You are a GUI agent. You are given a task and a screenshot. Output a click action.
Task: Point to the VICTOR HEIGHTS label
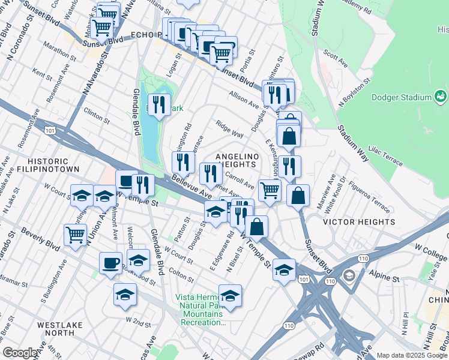pyautogui.click(x=359, y=222)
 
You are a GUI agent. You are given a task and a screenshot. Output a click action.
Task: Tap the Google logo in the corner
pyautogui.click(x=20, y=353)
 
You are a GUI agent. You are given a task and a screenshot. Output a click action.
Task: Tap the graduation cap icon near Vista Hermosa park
pyautogui.click(x=229, y=295)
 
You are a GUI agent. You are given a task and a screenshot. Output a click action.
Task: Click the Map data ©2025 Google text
pyautogui.click(x=412, y=355)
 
